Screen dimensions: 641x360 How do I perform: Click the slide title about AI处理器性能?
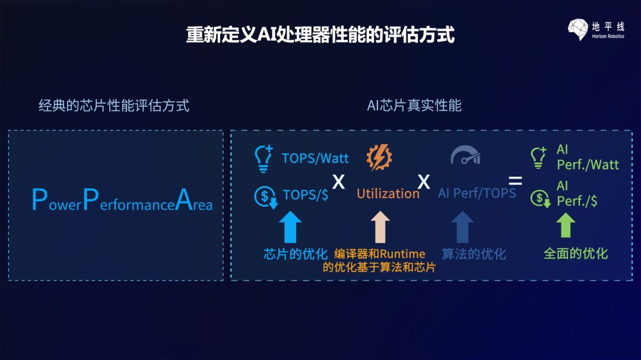point(320,34)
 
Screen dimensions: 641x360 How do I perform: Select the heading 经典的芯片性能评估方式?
point(114,106)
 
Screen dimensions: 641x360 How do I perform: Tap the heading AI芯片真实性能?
point(414,106)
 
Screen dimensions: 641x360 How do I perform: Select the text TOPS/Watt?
point(315,158)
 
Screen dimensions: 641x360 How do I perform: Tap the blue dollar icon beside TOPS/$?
point(265,197)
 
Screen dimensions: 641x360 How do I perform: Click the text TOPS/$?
point(306,195)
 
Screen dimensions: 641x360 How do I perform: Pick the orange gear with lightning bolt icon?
point(379,157)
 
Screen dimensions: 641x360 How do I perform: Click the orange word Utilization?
point(388,194)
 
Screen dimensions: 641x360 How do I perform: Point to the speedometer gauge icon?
point(465,156)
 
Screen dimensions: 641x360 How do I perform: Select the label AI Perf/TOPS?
point(477,193)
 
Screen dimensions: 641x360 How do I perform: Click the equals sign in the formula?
point(515,180)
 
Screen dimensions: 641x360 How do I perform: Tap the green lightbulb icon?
point(538,158)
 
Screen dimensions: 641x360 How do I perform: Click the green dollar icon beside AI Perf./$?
point(540,197)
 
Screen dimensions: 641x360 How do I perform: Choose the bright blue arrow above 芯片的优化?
point(290,227)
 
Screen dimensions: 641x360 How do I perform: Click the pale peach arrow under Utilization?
point(380,227)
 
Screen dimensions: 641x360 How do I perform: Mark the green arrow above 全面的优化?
point(566,226)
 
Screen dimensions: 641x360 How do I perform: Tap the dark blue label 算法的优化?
point(474,254)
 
